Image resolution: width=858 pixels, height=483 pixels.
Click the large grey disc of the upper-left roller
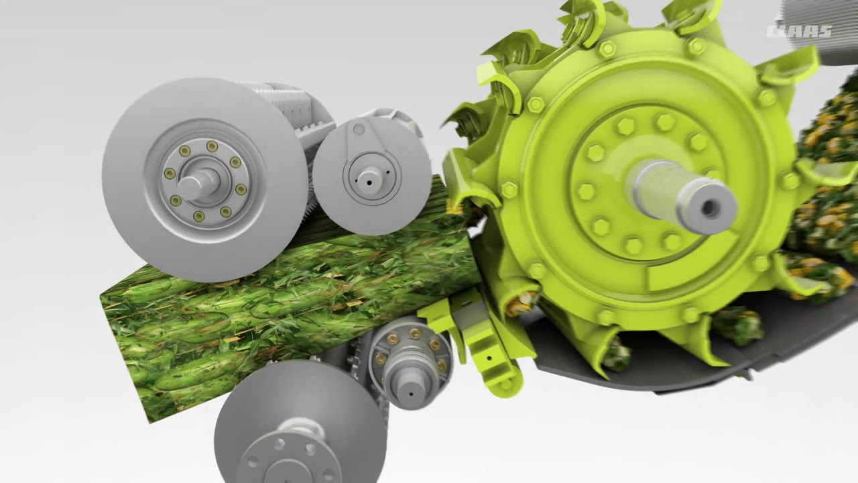134,221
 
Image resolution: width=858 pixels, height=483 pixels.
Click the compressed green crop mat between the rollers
268,295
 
